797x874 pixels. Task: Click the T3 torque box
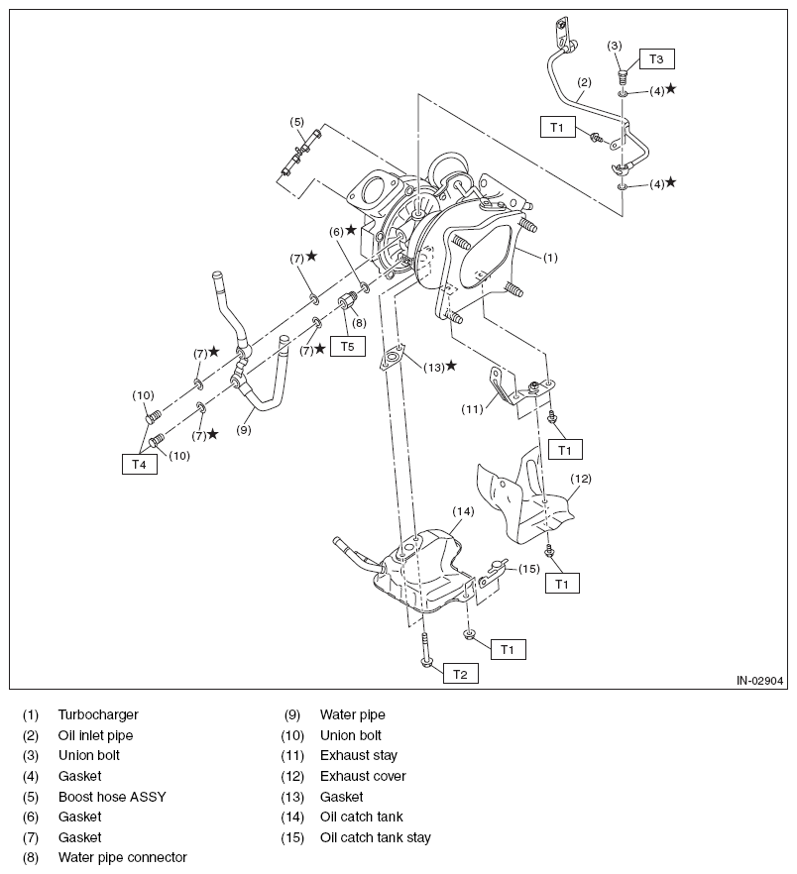pos(656,59)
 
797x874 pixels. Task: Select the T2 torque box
pos(460,674)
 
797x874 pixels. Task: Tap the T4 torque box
pos(140,464)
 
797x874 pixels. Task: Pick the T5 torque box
pos(348,346)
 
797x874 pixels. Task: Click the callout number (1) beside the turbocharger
pos(550,258)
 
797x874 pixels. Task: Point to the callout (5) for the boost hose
pos(296,122)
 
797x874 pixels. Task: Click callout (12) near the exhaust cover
pos(581,479)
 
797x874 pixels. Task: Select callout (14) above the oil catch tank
pos(463,511)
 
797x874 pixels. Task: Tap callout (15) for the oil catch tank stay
pos(528,569)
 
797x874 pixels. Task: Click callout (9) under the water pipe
pos(243,430)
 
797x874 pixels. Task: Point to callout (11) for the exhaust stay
pos(472,409)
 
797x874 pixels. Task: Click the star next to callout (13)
pos(451,365)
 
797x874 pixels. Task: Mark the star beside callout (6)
pos(351,230)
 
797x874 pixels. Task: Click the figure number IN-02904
pos(759,681)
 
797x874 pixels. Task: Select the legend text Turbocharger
pos(98,714)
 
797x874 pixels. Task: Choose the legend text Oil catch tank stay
pos(376,837)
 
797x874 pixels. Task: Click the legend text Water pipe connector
pos(123,857)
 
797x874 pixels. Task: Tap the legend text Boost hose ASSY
pos(112,797)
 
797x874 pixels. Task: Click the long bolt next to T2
pos(425,649)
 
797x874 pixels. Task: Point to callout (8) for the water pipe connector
pos(359,323)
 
